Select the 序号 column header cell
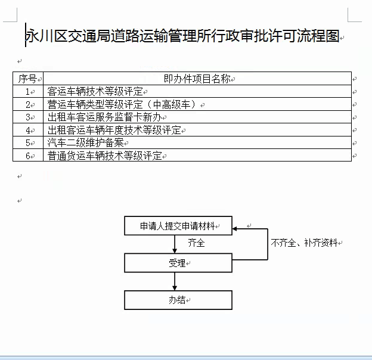tap(27, 79)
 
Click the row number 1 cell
tap(27, 92)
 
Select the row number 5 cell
tap(27, 143)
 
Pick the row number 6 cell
tap(27, 156)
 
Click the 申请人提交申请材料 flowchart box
tap(178, 226)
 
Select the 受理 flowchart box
tap(178, 263)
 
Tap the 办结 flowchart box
tap(178, 300)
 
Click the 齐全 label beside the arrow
tap(196, 243)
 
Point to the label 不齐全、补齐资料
tap(303, 243)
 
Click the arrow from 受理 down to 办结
tap(175, 281)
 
